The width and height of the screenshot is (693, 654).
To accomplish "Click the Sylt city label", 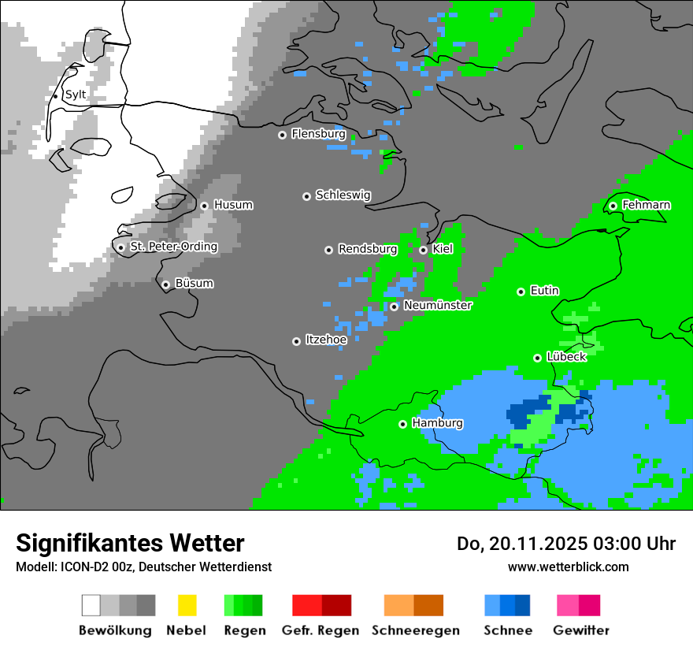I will (x=76, y=95).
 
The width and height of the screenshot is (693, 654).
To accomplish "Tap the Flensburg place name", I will (x=318, y=134).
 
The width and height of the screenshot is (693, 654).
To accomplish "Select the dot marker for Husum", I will (x=205, y=206).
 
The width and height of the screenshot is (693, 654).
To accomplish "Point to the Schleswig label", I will (x=343, y=195).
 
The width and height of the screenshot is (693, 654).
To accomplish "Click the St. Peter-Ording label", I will (x=173, y=247).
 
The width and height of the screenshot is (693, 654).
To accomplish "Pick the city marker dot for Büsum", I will (x=166, y=284).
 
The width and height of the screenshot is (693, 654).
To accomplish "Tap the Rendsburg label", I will (x=367, y=249).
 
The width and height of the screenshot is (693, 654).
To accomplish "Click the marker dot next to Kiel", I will (x=424, y=250).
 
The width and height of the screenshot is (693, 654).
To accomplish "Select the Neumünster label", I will (x=437, y=305).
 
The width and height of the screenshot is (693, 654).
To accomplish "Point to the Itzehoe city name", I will (x=326, y=340).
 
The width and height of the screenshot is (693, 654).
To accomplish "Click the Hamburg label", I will (x=437, y=423).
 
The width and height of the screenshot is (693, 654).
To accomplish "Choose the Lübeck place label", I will (x=565, y=357).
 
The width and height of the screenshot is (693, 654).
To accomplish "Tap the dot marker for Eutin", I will (x=521, y=292).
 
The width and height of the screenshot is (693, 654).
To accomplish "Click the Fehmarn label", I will (x=646, y=205).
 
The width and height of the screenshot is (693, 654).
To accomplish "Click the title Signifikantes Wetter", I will (x=130, y=543).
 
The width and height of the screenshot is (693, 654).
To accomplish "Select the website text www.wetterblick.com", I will (x=568, y=567).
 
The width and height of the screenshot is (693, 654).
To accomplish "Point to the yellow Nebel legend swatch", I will (x=187, y=605).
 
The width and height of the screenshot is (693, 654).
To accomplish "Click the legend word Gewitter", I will (x=581, y=630).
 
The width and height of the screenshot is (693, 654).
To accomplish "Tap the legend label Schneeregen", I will (x=415, y=630).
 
